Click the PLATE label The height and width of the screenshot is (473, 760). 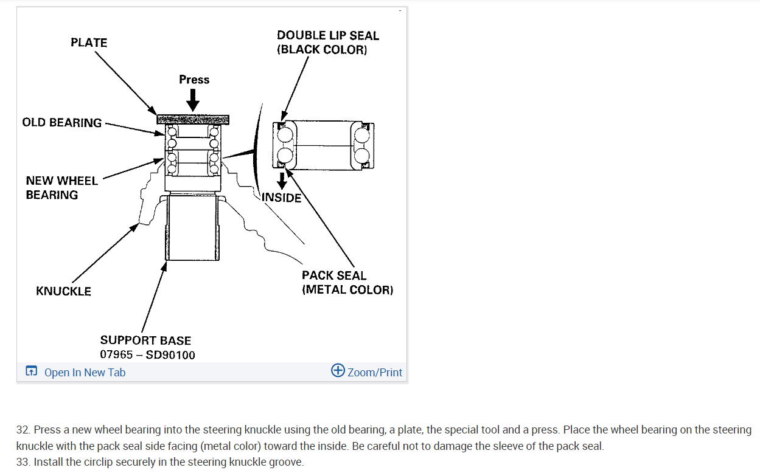[x=89, y=43]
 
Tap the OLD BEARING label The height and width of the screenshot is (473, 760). [x=62, y=123]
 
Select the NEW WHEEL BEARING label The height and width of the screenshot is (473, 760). [x=61, y=188]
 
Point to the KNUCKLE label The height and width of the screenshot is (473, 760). [x=63, y=291]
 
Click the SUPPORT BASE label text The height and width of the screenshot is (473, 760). [x=145, y=340]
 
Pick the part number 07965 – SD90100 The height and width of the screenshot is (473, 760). [x=148, y=355]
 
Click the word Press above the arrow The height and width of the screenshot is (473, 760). [x=194, y=80]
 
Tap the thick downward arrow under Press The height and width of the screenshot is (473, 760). [x=193, y=100]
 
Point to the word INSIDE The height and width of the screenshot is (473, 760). [x=282, y=198]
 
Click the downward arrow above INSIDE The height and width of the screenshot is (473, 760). [x=282, y=181]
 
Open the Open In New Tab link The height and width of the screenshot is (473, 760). [x=85, y=373]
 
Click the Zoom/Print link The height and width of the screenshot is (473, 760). [x=375, y=373]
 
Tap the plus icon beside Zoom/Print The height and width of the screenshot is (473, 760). [x=338, y=371]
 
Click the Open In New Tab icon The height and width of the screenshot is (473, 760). [x=31, y=371]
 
